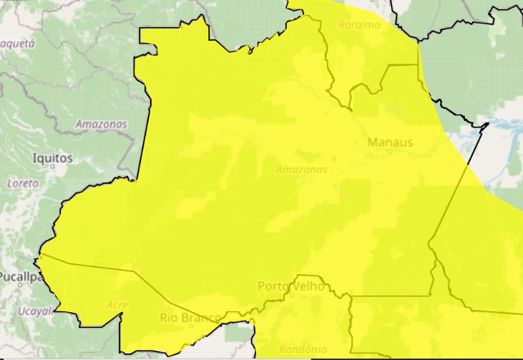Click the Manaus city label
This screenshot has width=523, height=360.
[x=390, y=142]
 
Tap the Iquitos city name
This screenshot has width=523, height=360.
[x=53, y=157]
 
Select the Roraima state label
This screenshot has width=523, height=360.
[x=359, y=25]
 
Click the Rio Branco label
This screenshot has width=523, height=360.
[x=190, y=318]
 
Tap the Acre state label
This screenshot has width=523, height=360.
[x=117, y=305]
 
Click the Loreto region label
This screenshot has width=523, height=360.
[x=21, y=184]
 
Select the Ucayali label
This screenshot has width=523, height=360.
[x=36, y=311]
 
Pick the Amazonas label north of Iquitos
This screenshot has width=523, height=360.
[x=101, y=125]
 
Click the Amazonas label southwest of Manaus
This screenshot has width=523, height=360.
[x=301, y=170]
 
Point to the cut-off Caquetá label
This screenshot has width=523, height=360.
[x=17, y=43]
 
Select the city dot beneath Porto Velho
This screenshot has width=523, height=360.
[x=291, y=293]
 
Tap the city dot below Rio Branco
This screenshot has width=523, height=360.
[x=191, y=327]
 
